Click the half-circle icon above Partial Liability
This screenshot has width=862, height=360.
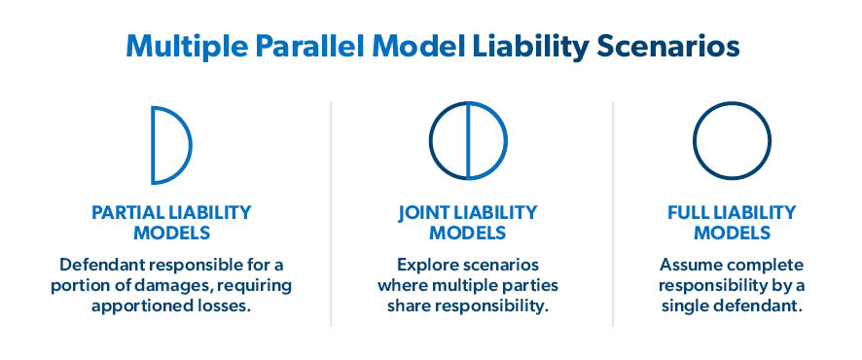tap(170, 144)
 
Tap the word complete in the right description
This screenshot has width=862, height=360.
tap(766, 266)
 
